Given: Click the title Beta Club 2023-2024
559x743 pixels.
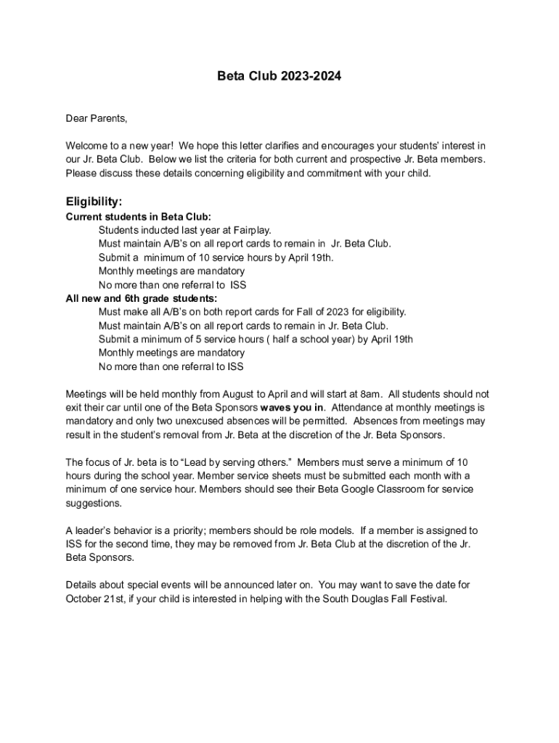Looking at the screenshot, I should point(279,75).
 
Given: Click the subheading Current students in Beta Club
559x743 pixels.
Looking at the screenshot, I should point(139,216).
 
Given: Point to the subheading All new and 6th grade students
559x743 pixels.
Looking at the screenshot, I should point(142,298).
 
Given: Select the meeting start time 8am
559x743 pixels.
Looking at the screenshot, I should point(371,394).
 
